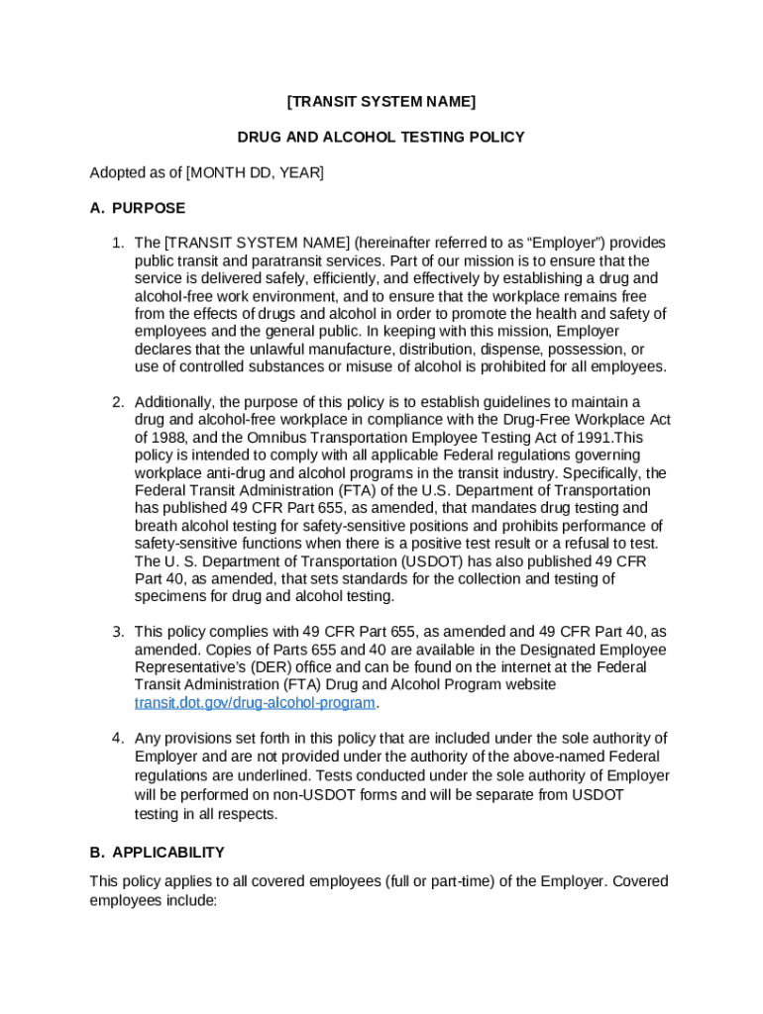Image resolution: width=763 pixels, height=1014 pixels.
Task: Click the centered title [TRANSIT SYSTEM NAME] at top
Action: click(x=381, y=101)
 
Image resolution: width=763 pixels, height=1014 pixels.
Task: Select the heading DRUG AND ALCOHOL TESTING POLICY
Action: click(x=381, y=137)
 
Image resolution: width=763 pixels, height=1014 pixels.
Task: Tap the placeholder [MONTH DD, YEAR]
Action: click(x=255, y=172)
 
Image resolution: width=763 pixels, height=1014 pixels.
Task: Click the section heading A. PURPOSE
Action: click(x=137, y=208)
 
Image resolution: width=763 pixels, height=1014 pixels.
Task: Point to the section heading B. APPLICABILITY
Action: click(x=157, y=852)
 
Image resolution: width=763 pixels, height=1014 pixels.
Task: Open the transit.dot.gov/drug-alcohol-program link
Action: click(x=255, y=703)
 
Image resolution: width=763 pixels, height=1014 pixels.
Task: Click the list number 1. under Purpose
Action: click(x=117, y=244)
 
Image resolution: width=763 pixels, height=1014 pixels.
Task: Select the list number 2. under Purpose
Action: click(x=117, y=402)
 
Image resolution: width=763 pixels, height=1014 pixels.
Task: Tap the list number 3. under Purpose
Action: click(x=117, y=632)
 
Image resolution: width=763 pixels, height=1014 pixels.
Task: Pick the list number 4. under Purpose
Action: click(x=117, y=739)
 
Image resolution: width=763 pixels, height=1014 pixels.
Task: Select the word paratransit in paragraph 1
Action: click(x=248, y=261)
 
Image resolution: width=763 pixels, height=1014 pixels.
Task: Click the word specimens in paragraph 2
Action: click(x=168, y=596)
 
